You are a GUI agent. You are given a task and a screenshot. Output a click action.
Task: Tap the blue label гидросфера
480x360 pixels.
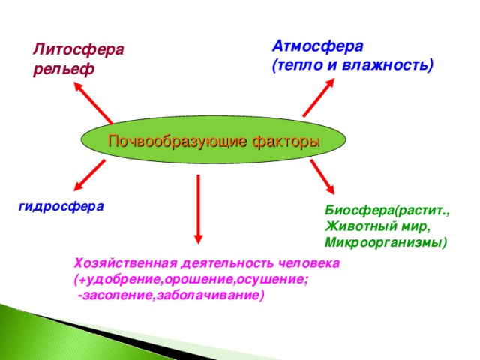click(61, 205)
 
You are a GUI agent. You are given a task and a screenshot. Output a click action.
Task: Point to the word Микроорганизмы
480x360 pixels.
click(384, 242)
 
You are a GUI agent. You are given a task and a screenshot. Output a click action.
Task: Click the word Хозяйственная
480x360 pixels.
click(125, 263)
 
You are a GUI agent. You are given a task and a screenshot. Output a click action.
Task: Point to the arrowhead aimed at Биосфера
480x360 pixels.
click(332, 190)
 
